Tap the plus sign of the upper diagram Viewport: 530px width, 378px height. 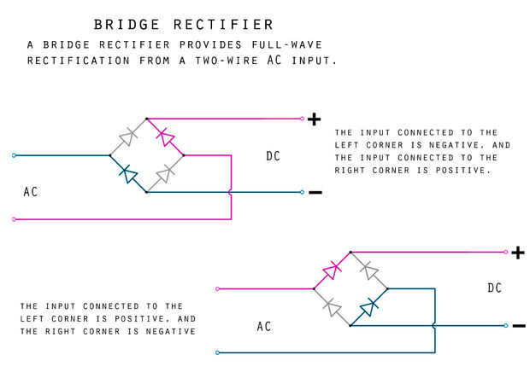point(315,119)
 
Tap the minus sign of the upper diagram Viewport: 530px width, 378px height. point(315,192)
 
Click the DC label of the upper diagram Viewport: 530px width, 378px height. point(273,156)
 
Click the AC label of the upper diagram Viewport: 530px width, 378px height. point(31,193)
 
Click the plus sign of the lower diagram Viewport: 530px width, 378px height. point(517,252)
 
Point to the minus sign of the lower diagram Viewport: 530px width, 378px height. point(517,325)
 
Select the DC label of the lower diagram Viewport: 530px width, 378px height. point(495,288)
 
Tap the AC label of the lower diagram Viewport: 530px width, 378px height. point(265,326)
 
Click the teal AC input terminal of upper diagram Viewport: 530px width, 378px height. point(14,155)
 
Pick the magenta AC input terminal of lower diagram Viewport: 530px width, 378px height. point(219,288)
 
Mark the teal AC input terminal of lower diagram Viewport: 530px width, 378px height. point(219,352)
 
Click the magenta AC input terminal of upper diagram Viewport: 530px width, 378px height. point(14,219)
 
